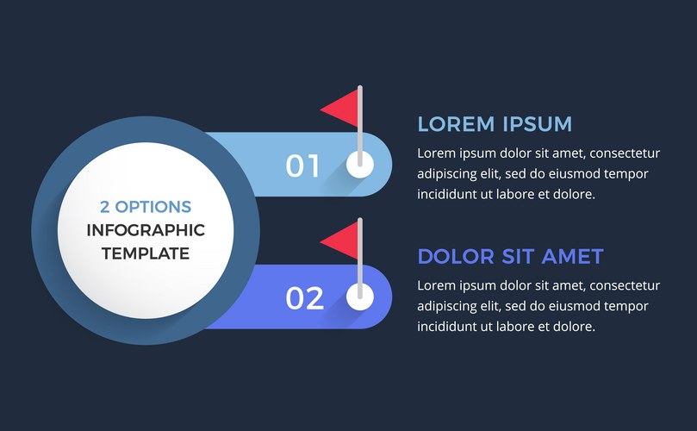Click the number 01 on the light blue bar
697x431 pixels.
point(302,166)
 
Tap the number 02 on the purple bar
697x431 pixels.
point(304,298)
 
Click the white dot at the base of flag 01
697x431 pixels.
point(360,164)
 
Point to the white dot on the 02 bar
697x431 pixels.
point(360,297)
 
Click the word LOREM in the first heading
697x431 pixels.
point(456,124)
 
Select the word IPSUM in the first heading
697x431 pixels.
point(538,124)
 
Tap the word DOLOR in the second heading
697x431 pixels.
point(456,257)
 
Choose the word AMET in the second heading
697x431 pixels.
point(572,257)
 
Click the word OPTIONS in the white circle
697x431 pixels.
point(153,207)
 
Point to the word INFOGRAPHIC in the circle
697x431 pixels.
point(146,230)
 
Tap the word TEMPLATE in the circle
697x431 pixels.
point(146,253)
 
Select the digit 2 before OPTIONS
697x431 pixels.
point(105,207)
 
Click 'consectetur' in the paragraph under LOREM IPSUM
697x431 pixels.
point(625,153)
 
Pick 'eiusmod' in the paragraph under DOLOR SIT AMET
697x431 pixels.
point(575,306)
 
